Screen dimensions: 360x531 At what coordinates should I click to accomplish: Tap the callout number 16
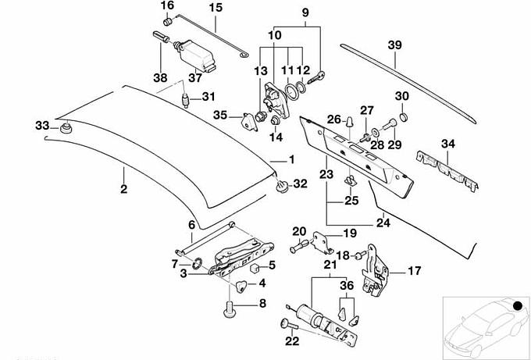[x=166, y=6]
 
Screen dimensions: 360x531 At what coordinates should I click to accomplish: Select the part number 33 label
[x=41, y=126]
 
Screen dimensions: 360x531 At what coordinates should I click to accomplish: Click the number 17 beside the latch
[x=415, y=271]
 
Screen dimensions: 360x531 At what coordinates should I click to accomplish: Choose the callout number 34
[x=447, y=144]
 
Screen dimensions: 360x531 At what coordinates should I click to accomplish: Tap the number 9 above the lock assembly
[x=305, y=13]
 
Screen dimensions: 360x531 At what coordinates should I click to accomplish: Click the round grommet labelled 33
[x=66, y=128]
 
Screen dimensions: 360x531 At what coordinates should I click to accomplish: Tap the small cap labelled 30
[x=402, y=116]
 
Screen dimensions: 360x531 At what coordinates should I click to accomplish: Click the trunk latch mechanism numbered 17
[x=376, y=275]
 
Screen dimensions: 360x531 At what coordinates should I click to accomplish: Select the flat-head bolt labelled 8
[x=232, y=312]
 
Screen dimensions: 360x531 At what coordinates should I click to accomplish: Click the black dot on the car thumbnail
[x=515, y=303]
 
